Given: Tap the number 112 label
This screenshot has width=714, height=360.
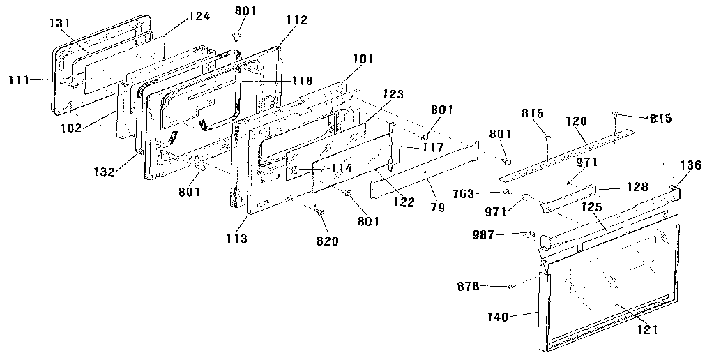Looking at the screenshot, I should [296, 20].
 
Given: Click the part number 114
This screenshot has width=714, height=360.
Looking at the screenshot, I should [342, 167].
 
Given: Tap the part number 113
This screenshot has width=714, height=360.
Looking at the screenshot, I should [236, 239].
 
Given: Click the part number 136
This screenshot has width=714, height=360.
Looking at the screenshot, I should [690, 165].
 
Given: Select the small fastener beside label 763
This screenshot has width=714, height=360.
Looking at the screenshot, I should [506, 192].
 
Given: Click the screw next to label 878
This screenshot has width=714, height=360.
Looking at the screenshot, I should [511, 286].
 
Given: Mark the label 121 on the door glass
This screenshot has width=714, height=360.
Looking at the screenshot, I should [647, 330].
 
